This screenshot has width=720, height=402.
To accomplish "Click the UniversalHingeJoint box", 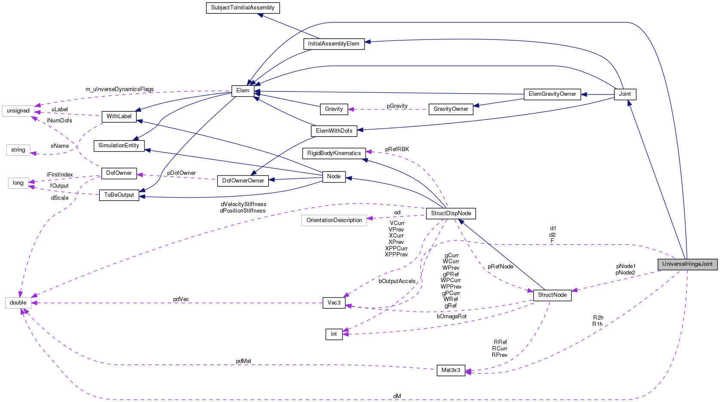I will [687, 264].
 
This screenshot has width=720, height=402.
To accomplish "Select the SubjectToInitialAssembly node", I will [243, 8].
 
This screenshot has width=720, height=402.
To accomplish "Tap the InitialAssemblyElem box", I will [334, 44].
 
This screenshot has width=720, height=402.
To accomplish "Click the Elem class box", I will [243, 91].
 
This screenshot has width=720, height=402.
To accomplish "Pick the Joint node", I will [625, 94].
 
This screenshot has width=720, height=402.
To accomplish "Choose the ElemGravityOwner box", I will [552, 94].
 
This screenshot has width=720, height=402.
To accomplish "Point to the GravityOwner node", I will [451, 109].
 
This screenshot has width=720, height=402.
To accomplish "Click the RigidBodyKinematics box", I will [334, 153].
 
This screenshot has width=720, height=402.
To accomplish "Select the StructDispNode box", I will [451, 213].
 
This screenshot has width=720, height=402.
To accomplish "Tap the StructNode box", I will [552, 295].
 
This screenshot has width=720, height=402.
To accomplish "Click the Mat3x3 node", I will [450, 370].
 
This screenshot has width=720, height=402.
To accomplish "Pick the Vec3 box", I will [334, 303].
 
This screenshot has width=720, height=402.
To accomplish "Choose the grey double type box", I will [18, 303].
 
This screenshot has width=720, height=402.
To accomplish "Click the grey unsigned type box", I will [18, 111].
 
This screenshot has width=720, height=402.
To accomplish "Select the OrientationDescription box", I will [334, 220].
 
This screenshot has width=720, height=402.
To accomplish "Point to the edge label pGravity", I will [397, 106].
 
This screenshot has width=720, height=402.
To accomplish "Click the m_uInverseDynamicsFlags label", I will [119, 89].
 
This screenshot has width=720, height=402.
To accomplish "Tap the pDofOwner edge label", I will [181, 173].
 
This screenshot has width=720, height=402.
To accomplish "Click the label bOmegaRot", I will [451, 317].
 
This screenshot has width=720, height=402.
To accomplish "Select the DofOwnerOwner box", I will [243, 181].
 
